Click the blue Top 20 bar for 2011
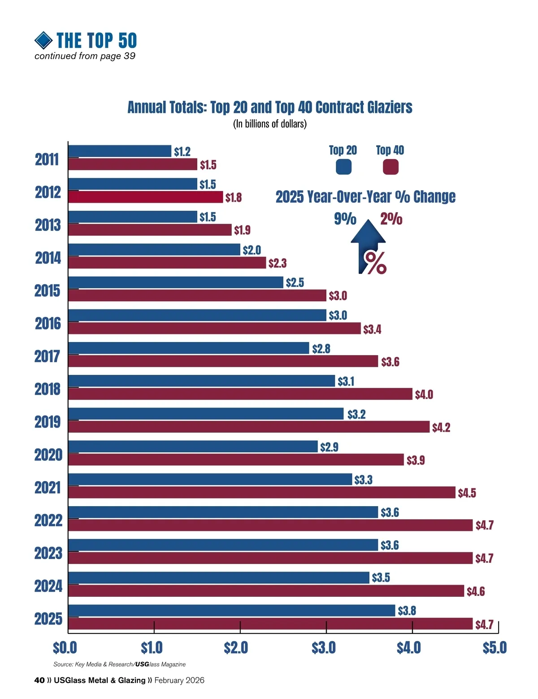[x=120, y=151]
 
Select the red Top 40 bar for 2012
[x=146, y=197]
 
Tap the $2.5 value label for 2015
[x=295, y=282]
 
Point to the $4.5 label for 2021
[x=467, y=493]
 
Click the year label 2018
[x=48, y=389]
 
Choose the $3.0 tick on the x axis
[x=324, y=647]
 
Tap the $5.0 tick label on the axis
[x=495, y=647]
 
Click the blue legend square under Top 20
[x=343, y=167]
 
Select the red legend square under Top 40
[x=390, y=167]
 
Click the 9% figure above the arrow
[x=345, y=219]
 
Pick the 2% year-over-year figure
[x=391, y=219]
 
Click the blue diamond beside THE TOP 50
[x=43, y=40]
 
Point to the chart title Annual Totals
[x=269, y=108]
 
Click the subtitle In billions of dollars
[x=269, y=124]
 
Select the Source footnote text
[x=119, y=664]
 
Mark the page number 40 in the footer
[x=39, y=680]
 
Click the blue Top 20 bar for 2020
[x=193, y=447]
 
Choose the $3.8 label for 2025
[x=407, y=611]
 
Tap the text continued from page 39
[x=85, y=56]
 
